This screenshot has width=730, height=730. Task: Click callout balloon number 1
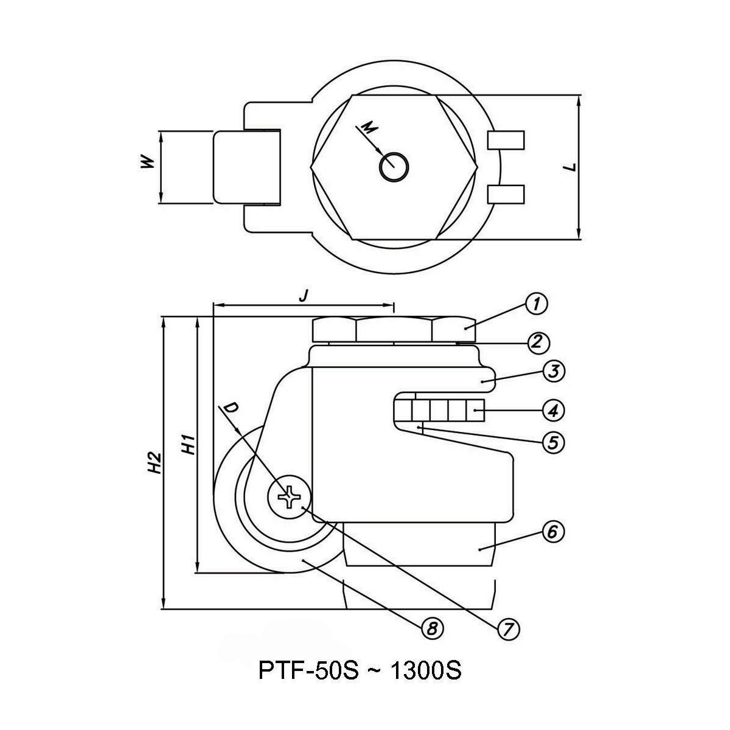click(x=536, y=304)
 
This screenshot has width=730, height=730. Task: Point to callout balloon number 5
click(x=553, y=442)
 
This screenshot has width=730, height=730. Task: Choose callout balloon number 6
click(x=553, y=532)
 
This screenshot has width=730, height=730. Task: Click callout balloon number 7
click(x=509, y=628)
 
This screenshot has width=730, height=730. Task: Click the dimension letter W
click(x=145, y=162)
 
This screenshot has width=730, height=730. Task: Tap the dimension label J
click(x=305, y=296)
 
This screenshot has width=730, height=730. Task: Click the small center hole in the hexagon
click(x=394, y=166)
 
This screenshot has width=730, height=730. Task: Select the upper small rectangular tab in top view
click(x=506, y=141)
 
